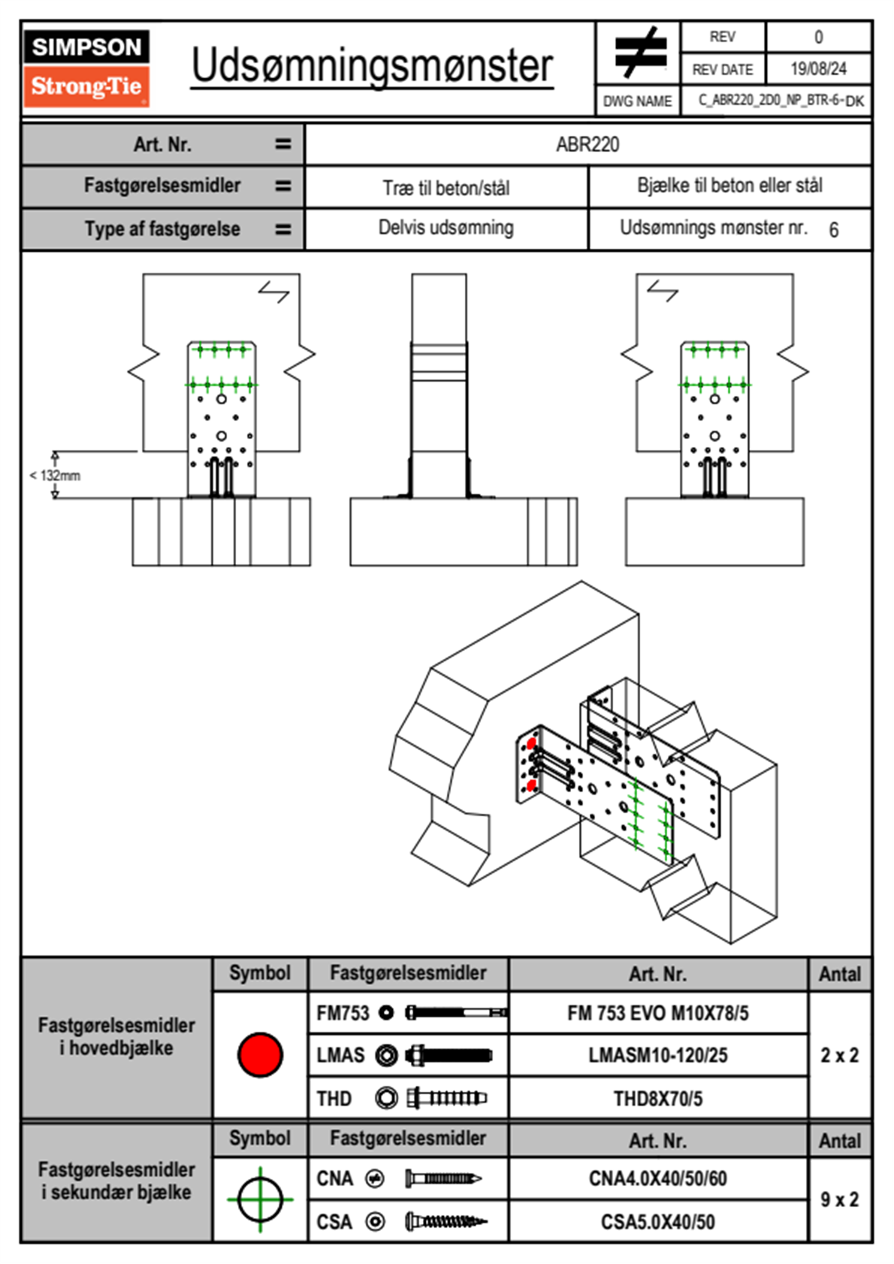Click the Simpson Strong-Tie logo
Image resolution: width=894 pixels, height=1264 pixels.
[86, 68]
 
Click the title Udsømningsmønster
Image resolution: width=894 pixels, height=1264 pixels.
[372, 66]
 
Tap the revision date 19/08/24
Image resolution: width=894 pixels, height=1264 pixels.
[818, 69]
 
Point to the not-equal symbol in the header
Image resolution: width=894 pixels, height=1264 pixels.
[639, 53]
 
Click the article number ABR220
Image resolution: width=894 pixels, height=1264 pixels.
[587, 144]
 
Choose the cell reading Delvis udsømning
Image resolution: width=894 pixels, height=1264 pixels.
[446, 228]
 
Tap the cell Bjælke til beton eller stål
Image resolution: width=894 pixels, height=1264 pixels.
[729, 186]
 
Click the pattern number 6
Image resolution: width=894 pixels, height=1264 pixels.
[834, 230]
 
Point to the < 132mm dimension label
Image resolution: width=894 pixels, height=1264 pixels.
[55, 476]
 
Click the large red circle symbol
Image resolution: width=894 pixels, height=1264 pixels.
[260, 1054]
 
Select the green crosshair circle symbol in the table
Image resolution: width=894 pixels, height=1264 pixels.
[260, 1199]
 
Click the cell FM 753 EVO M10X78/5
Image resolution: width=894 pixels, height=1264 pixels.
[658, 1013]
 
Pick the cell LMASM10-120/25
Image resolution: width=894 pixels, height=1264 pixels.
[658, 1055]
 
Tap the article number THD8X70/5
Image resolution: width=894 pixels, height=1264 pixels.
[658, 1099]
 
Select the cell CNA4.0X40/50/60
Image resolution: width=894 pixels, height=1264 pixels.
[658, 1178]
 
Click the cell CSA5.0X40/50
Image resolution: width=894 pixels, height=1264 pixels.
[658, 1222]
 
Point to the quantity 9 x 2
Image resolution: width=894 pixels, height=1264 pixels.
[840, 1199]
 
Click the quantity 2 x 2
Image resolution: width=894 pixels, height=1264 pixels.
[840, 1055]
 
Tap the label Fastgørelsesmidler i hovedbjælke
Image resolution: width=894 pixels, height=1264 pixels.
[116, 1036]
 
